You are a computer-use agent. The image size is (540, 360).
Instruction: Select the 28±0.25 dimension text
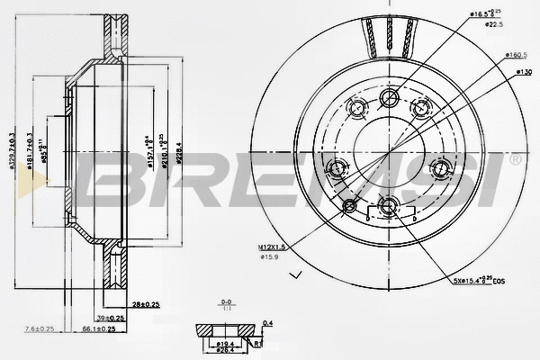coord(145,305)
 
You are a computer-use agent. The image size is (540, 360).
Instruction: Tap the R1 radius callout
coord(257,343)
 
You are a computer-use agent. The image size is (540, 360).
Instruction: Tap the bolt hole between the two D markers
coord(388,207)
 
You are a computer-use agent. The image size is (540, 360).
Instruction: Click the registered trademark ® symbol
coord(515,160)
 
